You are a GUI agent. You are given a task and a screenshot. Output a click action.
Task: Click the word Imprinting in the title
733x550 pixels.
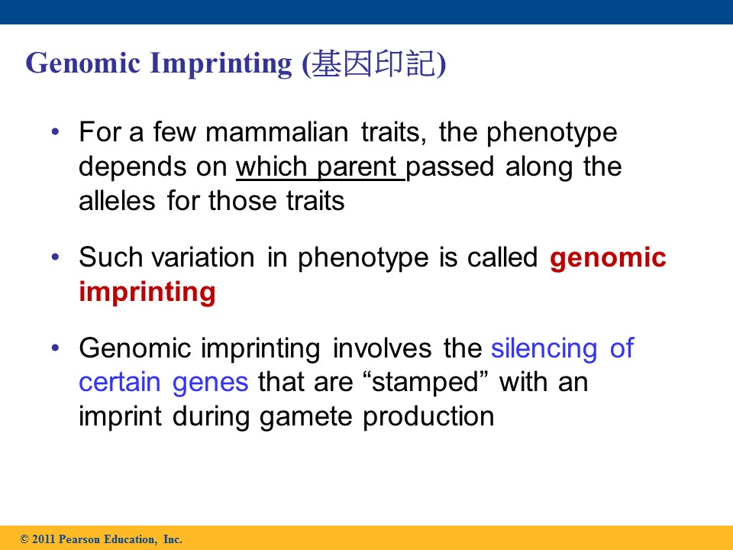tap(221, 64)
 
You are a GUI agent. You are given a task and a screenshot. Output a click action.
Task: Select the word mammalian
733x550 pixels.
tap(276, 132)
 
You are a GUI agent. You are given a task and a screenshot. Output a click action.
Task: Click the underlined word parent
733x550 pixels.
tap(357, 167)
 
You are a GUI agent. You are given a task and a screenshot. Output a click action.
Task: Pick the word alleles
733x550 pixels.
tap(117, 201)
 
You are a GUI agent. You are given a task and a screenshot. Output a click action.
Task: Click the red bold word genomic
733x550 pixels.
tap(608, 258)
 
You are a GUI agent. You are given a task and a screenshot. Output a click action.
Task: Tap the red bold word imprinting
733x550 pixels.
tap(147, 293)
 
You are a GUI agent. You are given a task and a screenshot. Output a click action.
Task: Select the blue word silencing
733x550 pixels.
tap(544, 348)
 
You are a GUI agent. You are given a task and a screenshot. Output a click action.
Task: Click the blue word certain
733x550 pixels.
tap(120, 383)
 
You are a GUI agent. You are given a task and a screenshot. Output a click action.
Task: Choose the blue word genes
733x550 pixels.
tap(211, 383)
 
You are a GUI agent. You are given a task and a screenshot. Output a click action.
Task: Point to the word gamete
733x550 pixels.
tap(305, 417)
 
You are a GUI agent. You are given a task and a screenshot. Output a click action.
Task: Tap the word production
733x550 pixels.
tap(428, 417)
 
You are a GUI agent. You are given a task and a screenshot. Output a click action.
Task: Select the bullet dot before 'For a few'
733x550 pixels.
tap(56, 132)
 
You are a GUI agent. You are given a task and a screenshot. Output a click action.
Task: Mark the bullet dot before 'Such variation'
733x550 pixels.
tap(56, 257)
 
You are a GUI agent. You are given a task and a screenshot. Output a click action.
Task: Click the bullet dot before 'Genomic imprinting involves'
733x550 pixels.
tap(56, 348)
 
